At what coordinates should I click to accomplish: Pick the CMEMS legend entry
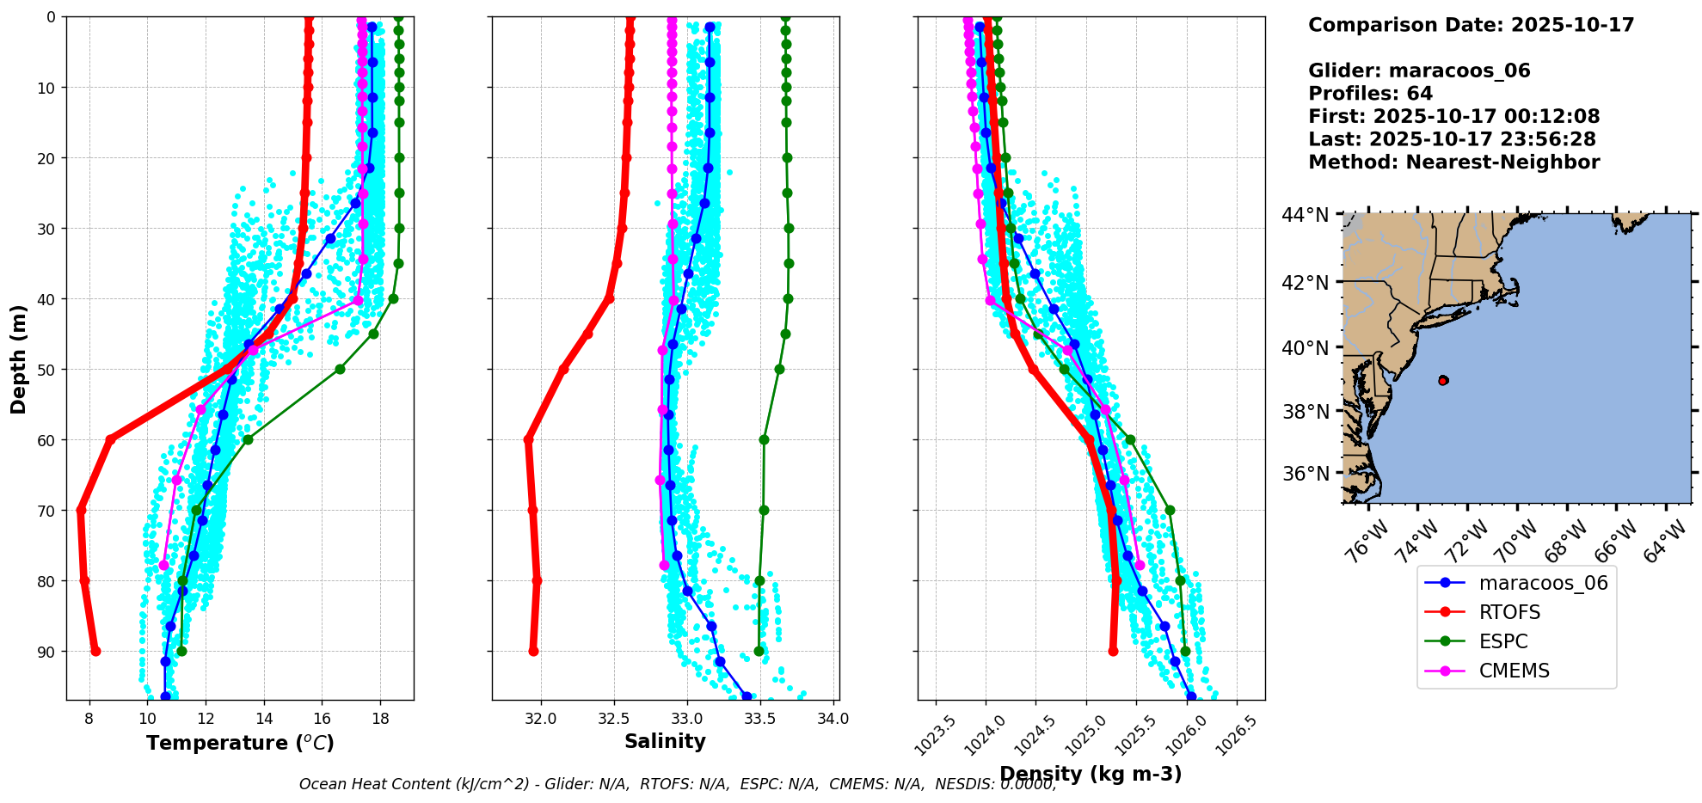(1514, 671)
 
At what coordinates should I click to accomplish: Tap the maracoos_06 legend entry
(1543, 583)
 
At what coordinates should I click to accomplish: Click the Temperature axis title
(240, 743)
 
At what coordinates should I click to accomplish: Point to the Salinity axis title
(665, 742)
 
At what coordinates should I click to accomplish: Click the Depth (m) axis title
(19, 359)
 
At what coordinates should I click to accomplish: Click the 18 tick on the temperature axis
(380, 719)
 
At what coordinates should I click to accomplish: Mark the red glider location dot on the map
(1443, 380)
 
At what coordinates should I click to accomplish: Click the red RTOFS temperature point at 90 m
(95, 651)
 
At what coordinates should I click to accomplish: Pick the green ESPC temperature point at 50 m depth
(340, 369)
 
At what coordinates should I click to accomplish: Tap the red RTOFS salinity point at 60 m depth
(528, 440)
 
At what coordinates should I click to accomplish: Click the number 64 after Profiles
(1420, 94)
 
